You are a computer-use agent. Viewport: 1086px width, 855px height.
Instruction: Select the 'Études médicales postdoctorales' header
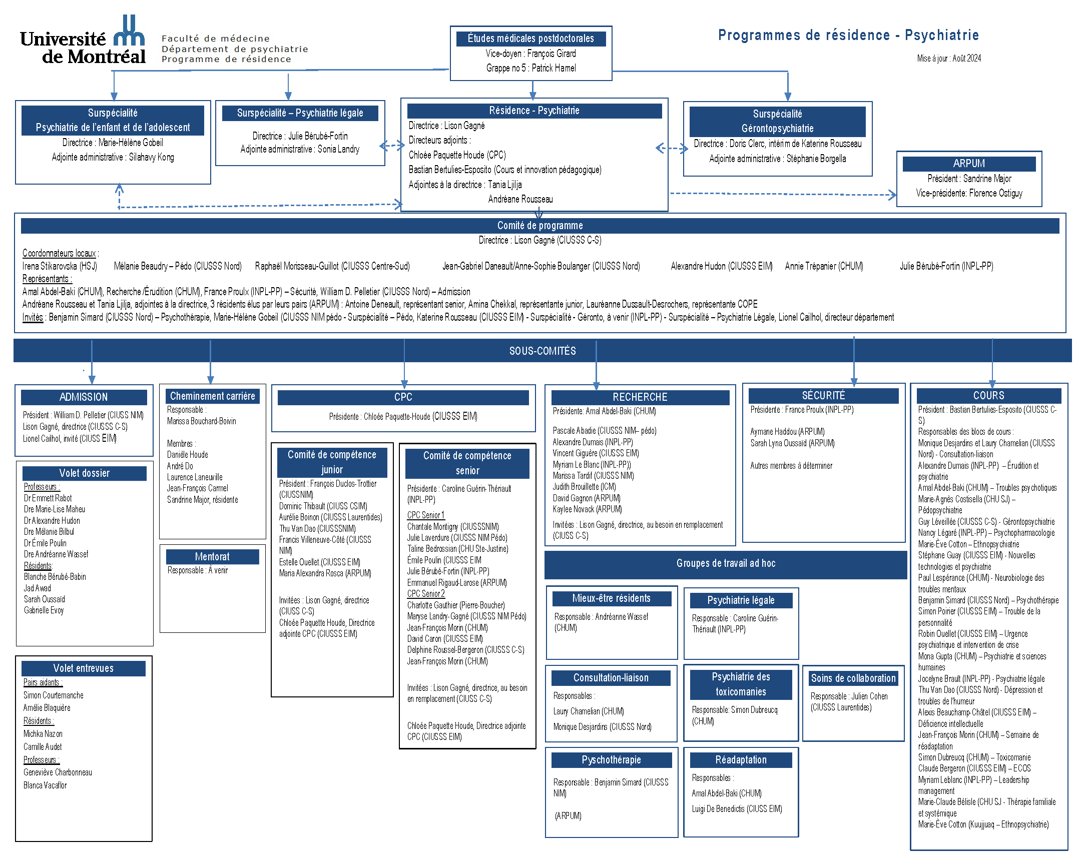530,39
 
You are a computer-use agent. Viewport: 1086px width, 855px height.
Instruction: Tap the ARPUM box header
968,164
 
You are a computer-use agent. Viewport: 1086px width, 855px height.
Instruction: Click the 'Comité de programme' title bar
539,226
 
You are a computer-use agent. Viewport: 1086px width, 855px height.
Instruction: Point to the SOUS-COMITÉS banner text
542,351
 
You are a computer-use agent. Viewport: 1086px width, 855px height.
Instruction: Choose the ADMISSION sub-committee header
84,397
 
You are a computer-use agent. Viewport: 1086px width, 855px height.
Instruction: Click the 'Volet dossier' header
84,473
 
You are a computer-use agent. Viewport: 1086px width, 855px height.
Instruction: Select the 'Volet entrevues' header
84,668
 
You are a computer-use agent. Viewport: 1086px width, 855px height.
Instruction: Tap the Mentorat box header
212,557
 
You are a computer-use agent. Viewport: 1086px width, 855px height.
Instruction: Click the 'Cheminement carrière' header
212,396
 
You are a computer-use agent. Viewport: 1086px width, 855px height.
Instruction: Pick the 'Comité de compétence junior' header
332,462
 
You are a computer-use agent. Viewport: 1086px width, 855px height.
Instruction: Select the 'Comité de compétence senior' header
467,463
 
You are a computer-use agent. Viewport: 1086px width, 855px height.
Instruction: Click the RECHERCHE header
640,397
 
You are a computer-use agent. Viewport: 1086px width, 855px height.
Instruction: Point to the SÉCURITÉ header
823,395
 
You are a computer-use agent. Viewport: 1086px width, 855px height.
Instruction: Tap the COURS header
988,395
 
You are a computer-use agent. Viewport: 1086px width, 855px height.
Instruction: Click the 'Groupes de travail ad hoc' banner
726,564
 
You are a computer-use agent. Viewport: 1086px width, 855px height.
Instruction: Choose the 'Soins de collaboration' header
853,678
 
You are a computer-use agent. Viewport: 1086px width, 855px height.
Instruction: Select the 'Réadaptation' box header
741,760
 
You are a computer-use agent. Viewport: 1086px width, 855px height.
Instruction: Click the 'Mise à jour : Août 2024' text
948,59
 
